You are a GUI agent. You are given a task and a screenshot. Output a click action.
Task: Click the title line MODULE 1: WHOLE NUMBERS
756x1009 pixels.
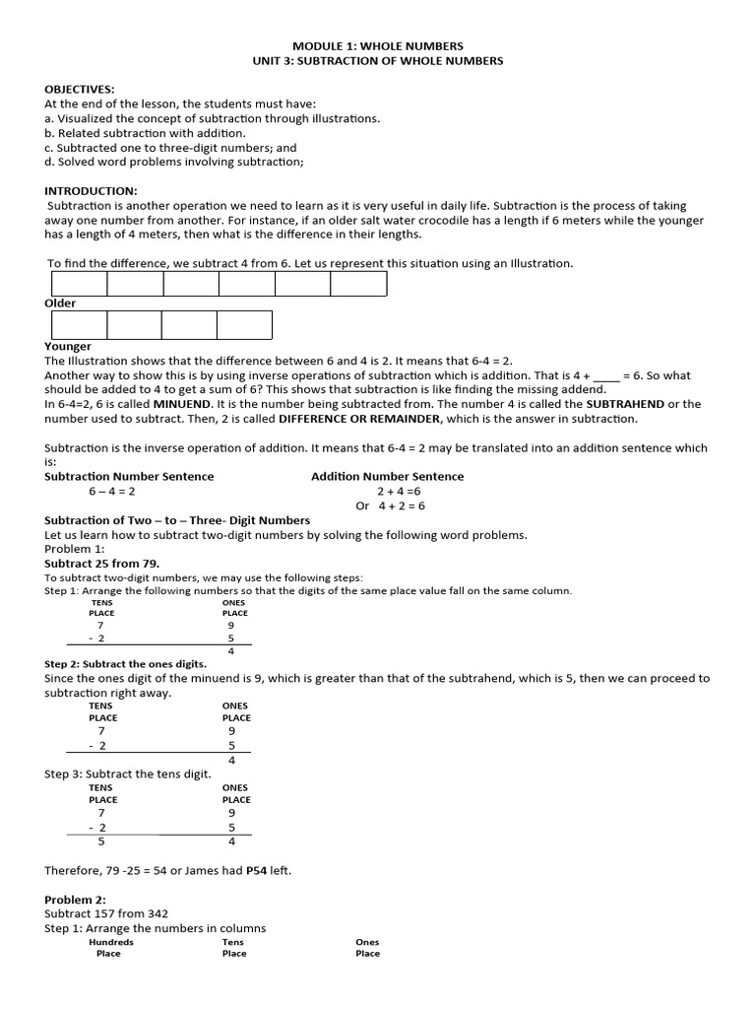coord(378,45)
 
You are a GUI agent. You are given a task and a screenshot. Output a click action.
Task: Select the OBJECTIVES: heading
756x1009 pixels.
coord(80,89)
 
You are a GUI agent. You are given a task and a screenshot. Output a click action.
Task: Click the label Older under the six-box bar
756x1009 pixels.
coord(60,303)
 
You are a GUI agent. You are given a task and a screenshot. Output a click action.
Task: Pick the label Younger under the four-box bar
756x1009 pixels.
coord(68,346)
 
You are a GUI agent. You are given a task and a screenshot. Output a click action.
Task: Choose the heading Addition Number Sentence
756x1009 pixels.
coord(387,476)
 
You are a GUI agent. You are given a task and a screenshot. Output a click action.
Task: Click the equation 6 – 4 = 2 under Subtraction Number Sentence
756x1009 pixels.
coord(112,491)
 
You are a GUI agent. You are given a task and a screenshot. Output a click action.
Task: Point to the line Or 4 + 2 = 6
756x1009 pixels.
coord(390,505)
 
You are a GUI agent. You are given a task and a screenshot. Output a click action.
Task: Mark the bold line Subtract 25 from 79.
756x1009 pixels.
coord(102,564)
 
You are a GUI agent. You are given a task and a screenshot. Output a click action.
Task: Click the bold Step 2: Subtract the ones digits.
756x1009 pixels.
coord(125,664)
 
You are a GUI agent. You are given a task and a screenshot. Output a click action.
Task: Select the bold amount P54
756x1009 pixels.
coord(257,870)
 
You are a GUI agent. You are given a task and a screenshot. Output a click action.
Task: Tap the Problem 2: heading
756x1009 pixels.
coord(78,900)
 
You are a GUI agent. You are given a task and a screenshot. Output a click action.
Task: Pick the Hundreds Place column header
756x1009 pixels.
coord(110,948)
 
